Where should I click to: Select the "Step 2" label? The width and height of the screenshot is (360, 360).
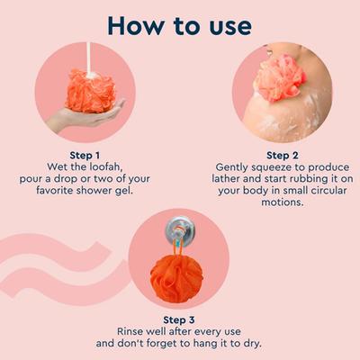point(272,154)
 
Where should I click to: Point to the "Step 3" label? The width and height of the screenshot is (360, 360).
point(181,319)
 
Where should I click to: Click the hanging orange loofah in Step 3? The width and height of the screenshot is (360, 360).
point(178,274)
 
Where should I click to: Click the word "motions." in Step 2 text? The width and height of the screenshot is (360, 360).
point(272,202)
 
